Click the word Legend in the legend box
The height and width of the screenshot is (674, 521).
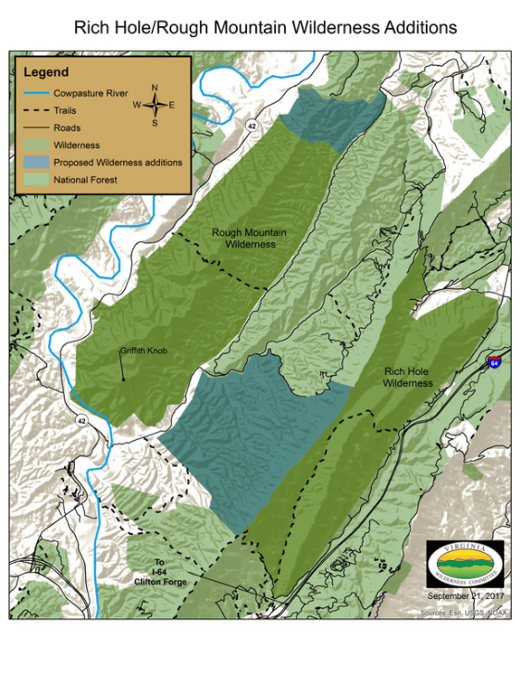pyautogui.click(x=46, y=71)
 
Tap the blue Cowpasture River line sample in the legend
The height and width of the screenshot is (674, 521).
pyautogui.click(x=35, y=93)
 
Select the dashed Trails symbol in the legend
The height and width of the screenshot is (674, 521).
pyautogui.click(x=35, y=110)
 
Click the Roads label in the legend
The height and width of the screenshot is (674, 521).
pyautogui.click(x=67, y=128)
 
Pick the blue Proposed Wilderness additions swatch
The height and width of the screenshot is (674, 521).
pyautogui.click(x=35, y=162)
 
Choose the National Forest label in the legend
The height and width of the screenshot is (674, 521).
pyautogui.click(x=85, y=180)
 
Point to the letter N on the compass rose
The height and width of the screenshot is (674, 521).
pyautogui.click(x=155, y=88)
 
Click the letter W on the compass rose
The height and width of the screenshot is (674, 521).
pyautogui.click(x=137, y=105)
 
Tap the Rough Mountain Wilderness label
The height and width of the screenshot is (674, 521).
pyautogui.click(x=243, y=239)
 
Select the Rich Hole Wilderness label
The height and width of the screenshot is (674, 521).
pyautogui.click(x=408, y=376)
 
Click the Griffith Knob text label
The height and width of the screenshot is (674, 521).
pyautogui.click(x=143, y=351)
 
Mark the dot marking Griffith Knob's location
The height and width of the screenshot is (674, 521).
pyautogui.click(x=124, y=380)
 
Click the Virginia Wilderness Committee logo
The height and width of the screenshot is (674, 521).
pyautogui.click(x=466, y=562)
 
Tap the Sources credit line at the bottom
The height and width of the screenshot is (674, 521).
pyautogui.click(x=464, y=612)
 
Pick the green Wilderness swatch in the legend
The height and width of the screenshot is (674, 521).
pyautogui.click(x=35, y=145)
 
